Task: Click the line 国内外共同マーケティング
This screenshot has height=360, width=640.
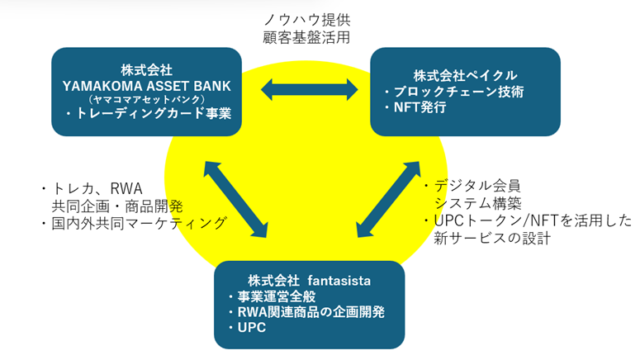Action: coord(137,224)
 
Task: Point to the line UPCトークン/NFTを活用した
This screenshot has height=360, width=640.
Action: coord(529,221)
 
